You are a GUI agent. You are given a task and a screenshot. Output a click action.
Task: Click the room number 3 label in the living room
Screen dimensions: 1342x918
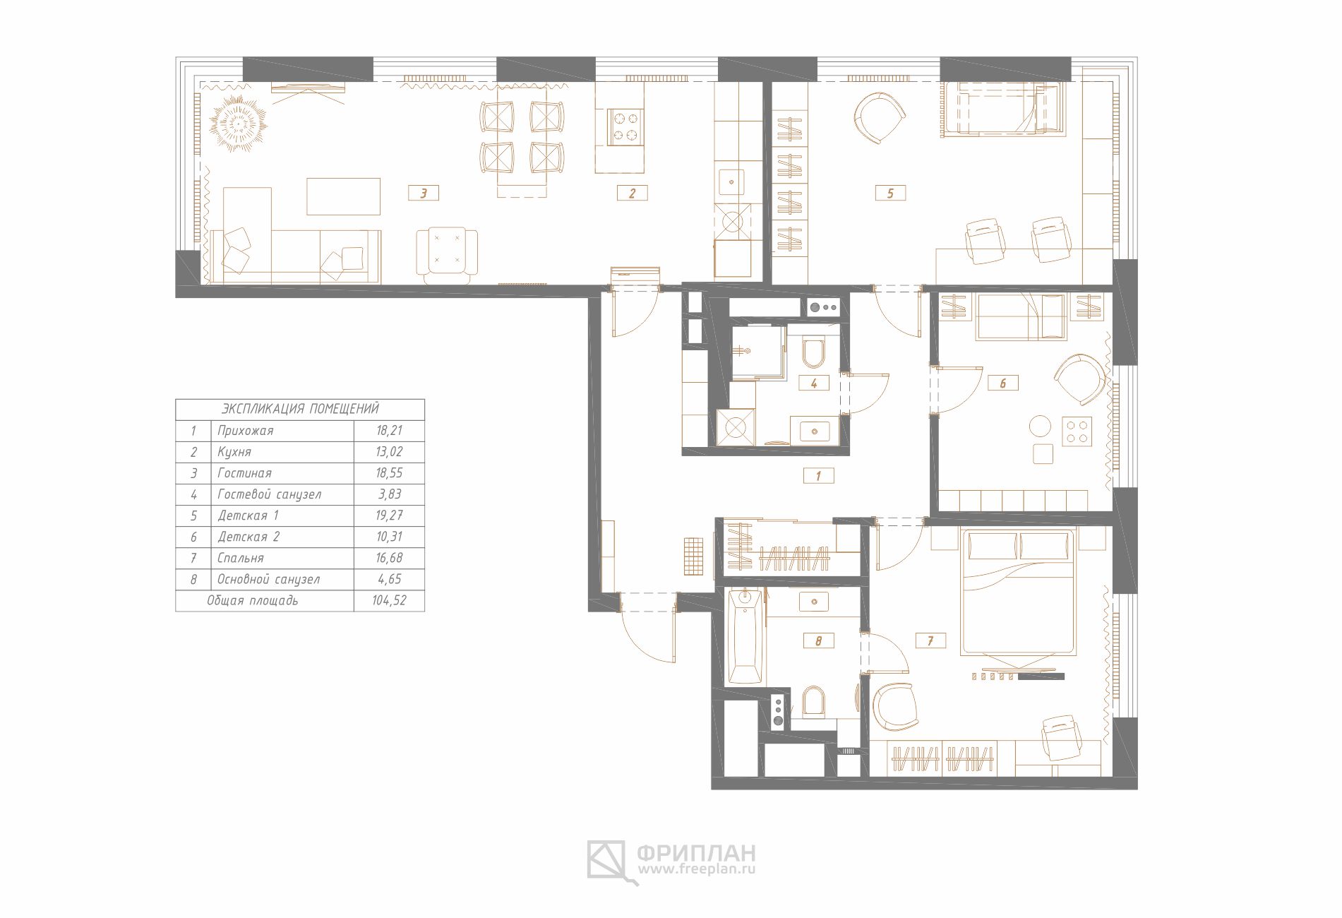[x=424, y=193]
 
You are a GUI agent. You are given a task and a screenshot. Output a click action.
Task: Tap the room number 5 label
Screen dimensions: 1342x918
[x=890, y=193]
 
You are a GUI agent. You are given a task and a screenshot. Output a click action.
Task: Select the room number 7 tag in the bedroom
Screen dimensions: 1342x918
[x=930, y=640]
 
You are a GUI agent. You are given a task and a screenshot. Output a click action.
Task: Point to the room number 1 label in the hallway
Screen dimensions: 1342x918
[x=819, y=475]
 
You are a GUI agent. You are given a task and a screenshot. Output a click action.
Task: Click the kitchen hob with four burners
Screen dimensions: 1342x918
[x=625, y=127]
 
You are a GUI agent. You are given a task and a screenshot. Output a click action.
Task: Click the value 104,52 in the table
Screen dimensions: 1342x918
[x=389, y=600]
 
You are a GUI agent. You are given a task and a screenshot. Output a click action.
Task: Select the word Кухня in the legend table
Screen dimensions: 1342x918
[x=234, y=452]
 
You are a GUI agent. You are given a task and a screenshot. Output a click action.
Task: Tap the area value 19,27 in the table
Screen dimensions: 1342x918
[x=389, y=515]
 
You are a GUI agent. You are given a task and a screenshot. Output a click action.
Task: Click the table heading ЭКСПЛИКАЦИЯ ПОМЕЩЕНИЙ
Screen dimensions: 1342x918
[x=300, y=409]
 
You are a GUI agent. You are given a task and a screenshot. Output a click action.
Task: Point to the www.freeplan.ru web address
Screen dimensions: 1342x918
[x=697, y=869]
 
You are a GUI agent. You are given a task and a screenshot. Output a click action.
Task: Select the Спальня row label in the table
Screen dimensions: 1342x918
[x=241, y=558]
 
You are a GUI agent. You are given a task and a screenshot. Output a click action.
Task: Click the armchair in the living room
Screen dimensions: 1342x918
[x=447, y=253]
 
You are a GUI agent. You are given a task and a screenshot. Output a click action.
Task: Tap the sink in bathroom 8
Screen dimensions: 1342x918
[x=815, y=602]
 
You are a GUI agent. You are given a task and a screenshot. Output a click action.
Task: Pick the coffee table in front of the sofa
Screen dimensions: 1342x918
[x=344, y=196]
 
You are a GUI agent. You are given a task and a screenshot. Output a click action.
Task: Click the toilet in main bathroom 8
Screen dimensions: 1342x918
[x=813, y=701]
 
